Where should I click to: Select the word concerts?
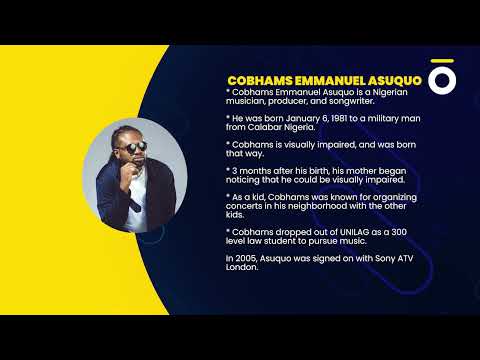(247, 206)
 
